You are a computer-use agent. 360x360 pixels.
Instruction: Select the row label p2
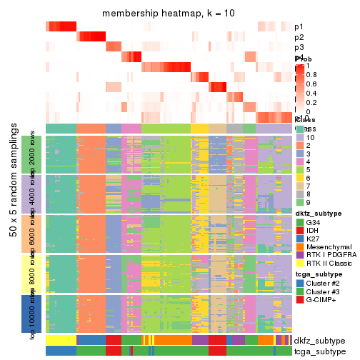coord(299,37)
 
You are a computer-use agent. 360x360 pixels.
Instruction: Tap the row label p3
coord(299,47)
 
